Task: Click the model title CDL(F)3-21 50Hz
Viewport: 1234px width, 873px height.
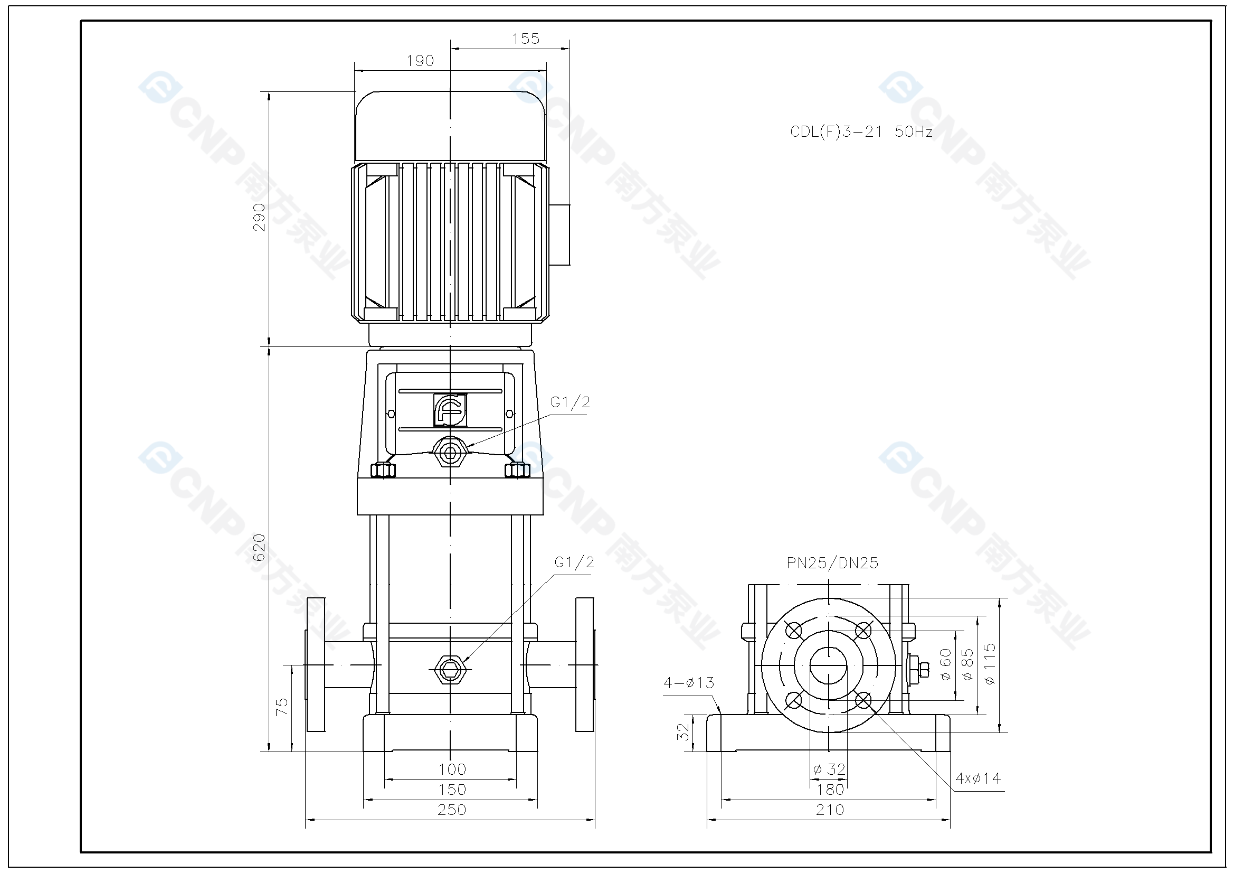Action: coord(860,132)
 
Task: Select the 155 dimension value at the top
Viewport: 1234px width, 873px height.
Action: coord(525,39)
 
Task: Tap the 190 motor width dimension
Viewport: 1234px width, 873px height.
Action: coord(420,61)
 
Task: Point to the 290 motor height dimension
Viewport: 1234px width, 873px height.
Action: coord(259,217)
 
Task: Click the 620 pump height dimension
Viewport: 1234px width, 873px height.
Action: coord(259,548)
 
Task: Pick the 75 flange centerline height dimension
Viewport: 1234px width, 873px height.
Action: coord(282,706)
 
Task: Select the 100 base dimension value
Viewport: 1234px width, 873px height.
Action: coord(451,769)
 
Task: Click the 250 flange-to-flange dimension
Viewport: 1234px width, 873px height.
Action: coord(451,810)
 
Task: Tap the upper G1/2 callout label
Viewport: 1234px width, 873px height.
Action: coord(569,402)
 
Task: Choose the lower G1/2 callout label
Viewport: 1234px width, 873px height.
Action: coord(574,562)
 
